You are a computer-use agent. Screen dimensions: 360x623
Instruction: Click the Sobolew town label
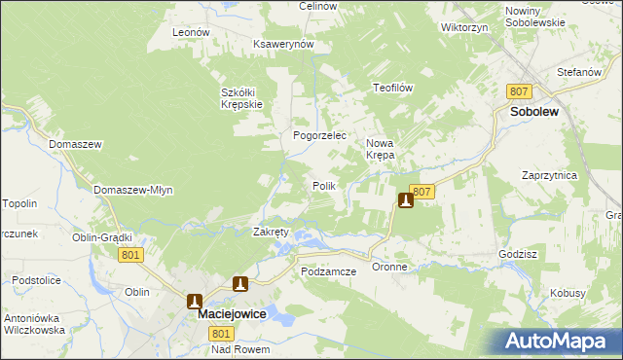[x=532, y=112]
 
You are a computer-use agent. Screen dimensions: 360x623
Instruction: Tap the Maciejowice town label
[x=233, y=315]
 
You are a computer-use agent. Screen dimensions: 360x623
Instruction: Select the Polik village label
[x=324, y=185]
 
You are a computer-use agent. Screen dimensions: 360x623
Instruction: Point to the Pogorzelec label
[x=320, y=136]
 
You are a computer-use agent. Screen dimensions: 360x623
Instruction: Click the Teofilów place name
[x=394, y=88]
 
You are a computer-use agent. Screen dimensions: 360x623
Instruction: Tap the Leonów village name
[x=191, y=32]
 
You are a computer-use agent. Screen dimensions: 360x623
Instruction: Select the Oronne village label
[x=389, y=267]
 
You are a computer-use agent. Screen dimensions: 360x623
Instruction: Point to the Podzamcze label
[x=329, y=271]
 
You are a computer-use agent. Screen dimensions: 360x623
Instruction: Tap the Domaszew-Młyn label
[x=133, y=190]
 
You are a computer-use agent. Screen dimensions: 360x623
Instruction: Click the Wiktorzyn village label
[x=463, y=28]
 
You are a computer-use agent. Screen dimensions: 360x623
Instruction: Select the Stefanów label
[x=576, y=72]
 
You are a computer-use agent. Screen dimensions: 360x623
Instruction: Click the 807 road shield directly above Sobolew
[x=519, y=90]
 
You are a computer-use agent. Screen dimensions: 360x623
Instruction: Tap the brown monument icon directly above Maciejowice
[x=196, y=301]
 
